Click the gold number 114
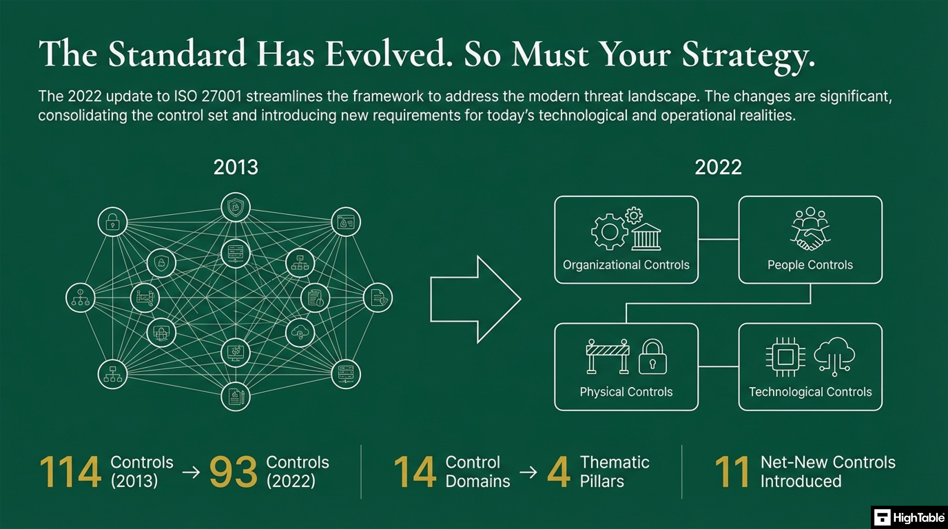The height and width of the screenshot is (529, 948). [x=70, y=472]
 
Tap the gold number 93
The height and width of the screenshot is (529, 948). [x=233, y=472]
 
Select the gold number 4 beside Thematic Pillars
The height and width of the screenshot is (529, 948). [x=558, y=472]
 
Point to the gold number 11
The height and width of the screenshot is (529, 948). [x=732, y=472]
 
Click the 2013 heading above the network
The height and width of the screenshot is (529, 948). [x=236, y=167]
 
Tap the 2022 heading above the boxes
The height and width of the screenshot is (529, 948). [x=718, y=167]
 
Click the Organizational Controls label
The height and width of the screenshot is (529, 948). [x=626, y=265]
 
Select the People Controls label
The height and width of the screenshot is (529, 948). [x=810, y=265]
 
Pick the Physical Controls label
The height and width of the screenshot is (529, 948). [x=626, y=392]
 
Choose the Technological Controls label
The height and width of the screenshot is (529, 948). [x=810, y=392]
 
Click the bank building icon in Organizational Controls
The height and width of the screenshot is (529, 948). [x=646, y=237]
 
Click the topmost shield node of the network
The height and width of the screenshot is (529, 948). [x=235, y=207]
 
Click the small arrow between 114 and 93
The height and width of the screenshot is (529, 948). [x=191, y=472]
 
